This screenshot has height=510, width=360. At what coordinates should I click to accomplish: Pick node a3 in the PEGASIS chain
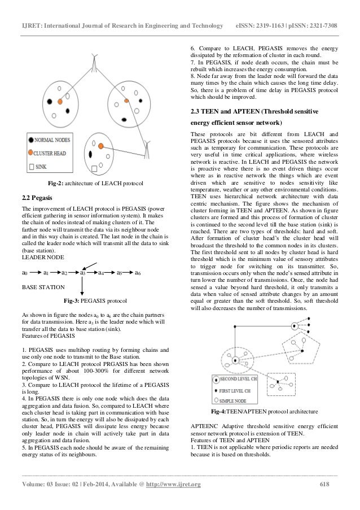[82, 272]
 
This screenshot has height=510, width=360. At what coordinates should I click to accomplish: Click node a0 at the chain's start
[24, 272]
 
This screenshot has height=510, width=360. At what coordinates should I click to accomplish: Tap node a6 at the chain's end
[138, 272]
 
